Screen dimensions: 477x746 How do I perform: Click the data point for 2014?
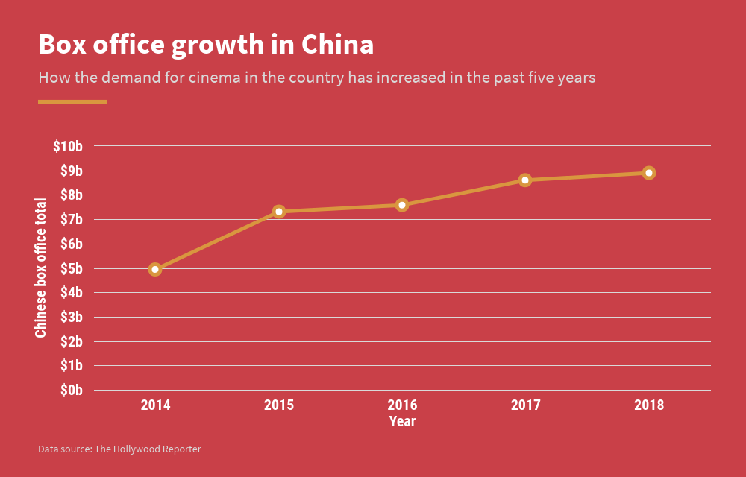pos(155,269)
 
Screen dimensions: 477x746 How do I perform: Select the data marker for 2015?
pos(279,212)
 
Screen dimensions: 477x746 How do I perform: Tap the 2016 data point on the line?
pos(402,205)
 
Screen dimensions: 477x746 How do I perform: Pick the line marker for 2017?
pos(525,180)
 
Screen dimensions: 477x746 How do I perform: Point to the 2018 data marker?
pos(649,173)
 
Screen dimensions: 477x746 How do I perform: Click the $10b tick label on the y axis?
pos(67,147)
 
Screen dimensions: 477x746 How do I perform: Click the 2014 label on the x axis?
pos(155,405)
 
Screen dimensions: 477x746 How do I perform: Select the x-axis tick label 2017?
pos(525,405)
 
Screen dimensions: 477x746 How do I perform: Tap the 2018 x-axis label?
pos(649,405)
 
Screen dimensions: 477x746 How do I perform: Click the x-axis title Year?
pos(402,422)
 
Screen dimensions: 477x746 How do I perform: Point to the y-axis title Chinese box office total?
pos(41,268)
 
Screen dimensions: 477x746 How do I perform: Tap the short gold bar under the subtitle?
pos(72,102)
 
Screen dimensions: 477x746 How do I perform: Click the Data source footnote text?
pos(119,449)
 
